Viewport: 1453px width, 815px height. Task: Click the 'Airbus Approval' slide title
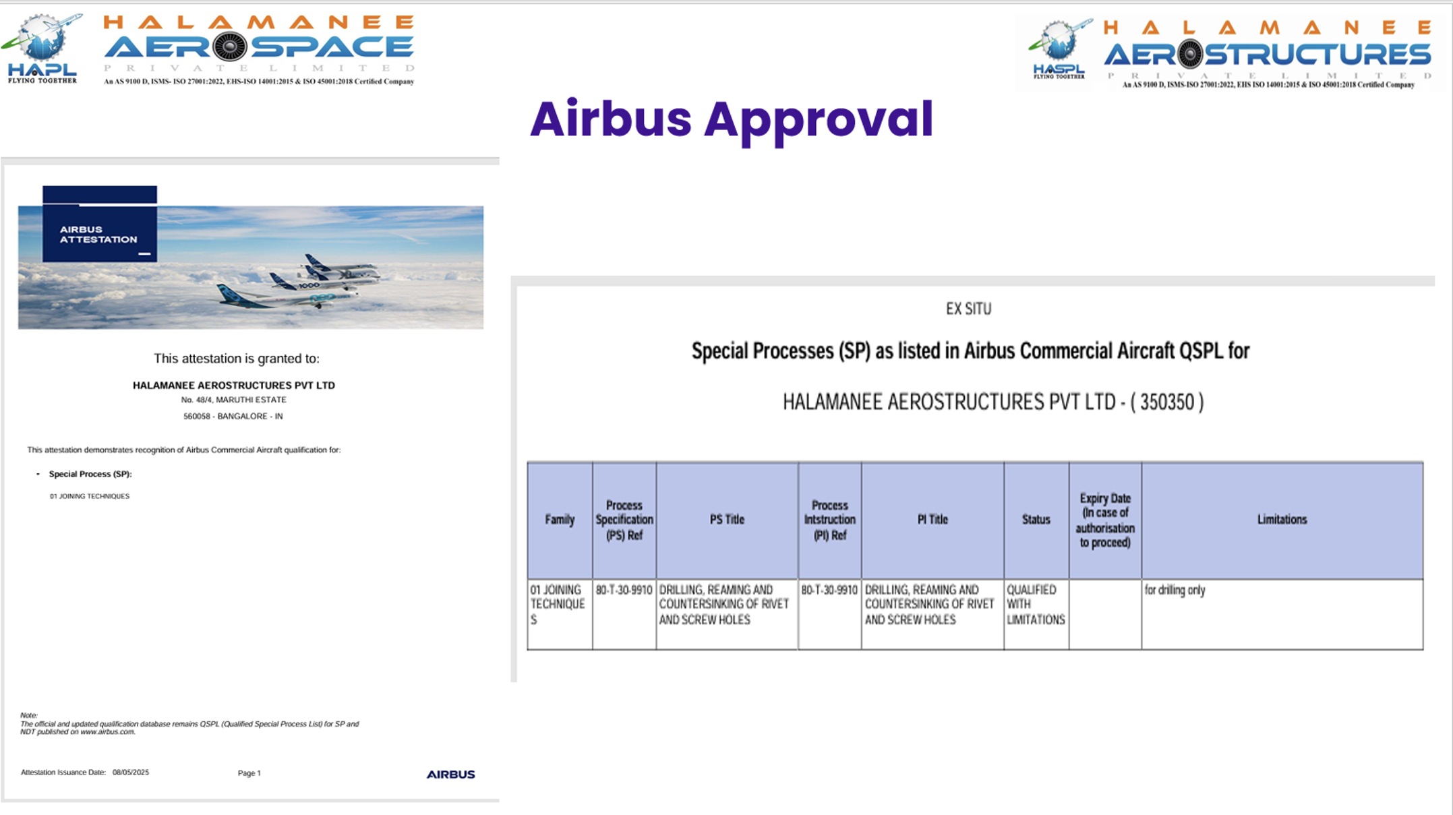coord(732,120)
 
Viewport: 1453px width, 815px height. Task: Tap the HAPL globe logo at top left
coord(42,48)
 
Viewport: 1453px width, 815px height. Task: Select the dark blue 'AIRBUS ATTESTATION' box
coord(100,224)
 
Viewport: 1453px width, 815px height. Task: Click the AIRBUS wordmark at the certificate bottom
coord(450,775)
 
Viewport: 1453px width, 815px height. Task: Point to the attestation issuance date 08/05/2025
coord(131,773)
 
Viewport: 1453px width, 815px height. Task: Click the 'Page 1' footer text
coord(249,773)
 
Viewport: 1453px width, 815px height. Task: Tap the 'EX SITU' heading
coord(968,309)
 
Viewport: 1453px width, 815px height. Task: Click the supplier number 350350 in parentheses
coord(1167,402)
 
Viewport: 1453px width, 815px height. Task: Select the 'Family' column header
coord(560,520)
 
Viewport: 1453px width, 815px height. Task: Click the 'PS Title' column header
coord(727,520)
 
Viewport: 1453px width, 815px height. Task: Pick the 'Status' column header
coord(1036,520)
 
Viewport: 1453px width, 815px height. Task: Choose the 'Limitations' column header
coord(1282,520)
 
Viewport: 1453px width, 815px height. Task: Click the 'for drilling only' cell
coord(1175,590)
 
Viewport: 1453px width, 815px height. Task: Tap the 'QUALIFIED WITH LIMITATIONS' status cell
coord(1036,605)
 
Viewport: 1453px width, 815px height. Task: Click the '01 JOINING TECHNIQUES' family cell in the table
coord(558,605)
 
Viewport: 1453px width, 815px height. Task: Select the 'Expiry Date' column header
coord(1105,520)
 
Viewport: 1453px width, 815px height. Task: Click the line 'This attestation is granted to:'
coord(237,359)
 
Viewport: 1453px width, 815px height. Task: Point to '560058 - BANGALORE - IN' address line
coord(233,417)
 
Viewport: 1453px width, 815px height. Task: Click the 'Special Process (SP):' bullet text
coord(90,474)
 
